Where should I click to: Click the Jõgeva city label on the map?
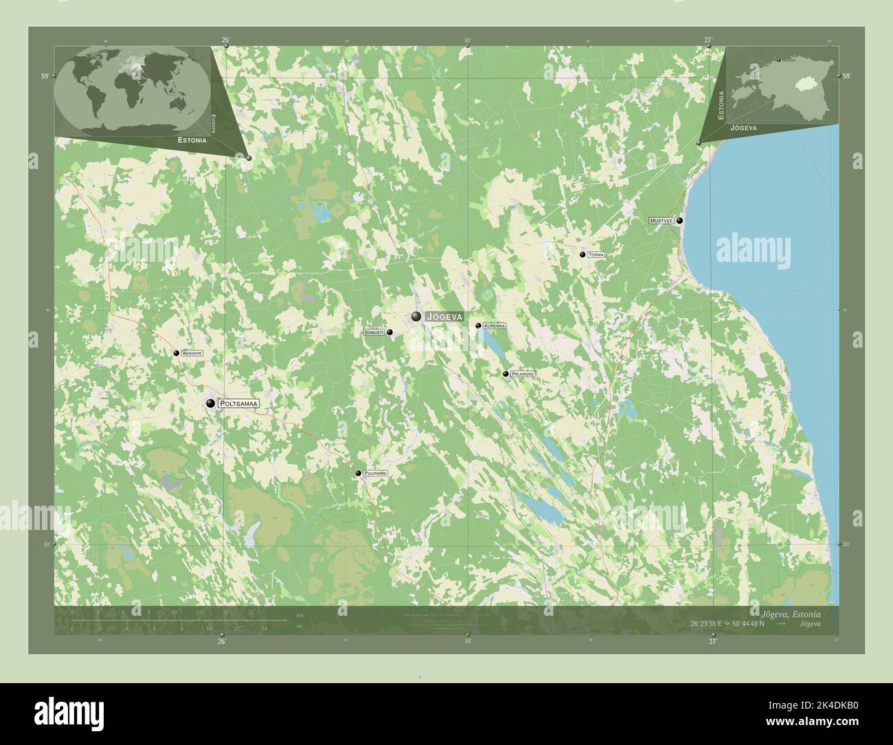(x=444, y=317)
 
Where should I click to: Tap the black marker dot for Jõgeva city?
(x=416, y=316)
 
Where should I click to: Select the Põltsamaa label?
(x=238, y=404)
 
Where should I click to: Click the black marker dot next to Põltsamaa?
(x=211, y=403)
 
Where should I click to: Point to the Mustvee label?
(x=662, y=221)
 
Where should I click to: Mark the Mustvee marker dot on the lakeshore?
(x=679, y=221)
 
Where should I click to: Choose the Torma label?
(x=596, y=255)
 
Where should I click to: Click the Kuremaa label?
(x=495, y=326)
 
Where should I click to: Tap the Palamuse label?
(x=523, y=374)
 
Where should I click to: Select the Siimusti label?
(x=374, y=333)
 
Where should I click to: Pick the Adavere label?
(x=192, y=353)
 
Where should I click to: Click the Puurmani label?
(x=376, y=474)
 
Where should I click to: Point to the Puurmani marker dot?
(x=358, y=473)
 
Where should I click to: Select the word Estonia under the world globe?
(x=190, y=140)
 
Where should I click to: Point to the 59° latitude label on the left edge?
(x=44, y=77)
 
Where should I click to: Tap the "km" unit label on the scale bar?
(x=299, y=614)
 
